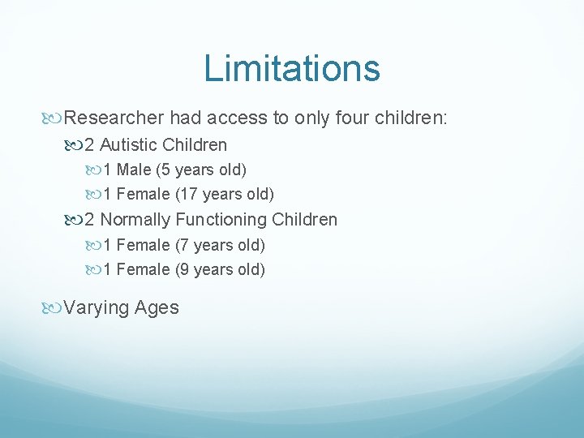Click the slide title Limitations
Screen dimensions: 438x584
click(x=292, y=68)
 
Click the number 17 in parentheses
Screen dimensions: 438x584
click(x=186, y=195)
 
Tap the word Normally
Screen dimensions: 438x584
click(x=135, y=220)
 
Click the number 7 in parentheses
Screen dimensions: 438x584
click(x=182, y=245)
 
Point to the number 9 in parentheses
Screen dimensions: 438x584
click(x=182, y=270)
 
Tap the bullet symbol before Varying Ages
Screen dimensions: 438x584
click(x=55, y=308)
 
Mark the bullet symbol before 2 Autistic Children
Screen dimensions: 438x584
click(x=76, y=146)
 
